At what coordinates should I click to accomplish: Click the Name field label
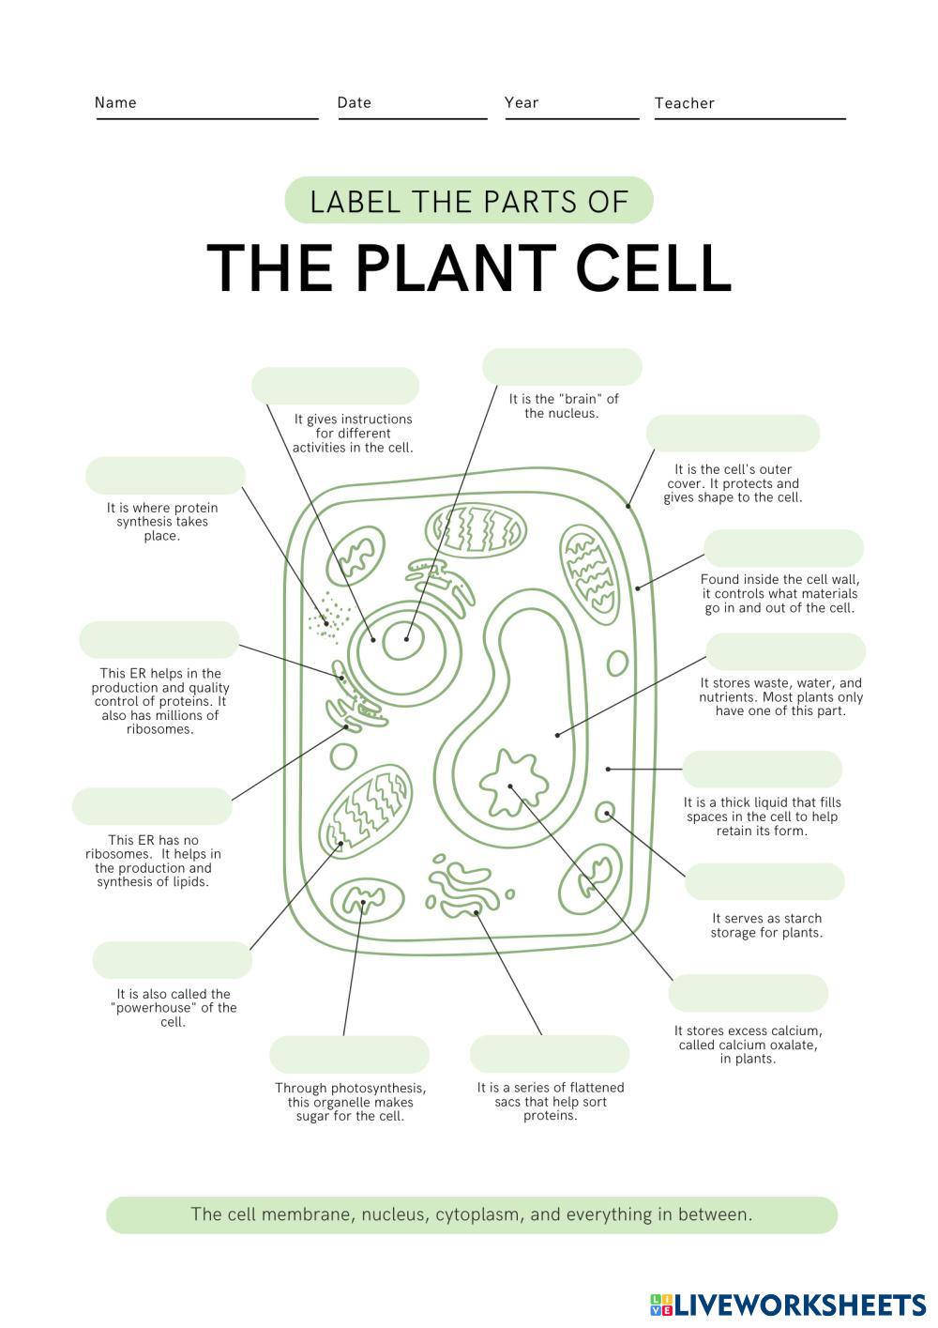pos(115,103)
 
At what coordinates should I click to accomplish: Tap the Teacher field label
pos(684,103)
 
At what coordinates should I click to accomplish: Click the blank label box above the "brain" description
pos(562,366)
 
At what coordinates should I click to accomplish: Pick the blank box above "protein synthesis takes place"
pos(165,476)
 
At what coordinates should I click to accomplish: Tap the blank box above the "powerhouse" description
pos(172,960)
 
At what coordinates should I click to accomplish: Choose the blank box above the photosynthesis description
pos(349,1054)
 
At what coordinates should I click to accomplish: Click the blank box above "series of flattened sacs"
pos(549,1054)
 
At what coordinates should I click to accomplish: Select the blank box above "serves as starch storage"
pos(764,882)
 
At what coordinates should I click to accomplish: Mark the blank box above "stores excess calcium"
pos(748,993)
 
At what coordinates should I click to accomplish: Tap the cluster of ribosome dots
pos(329,616)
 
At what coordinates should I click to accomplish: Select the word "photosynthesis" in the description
pos(378,1088)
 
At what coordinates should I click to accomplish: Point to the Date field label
pos(354,103)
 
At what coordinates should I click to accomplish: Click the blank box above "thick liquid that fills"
pos(762,769)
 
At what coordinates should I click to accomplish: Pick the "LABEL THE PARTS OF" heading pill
pos(468,201)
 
